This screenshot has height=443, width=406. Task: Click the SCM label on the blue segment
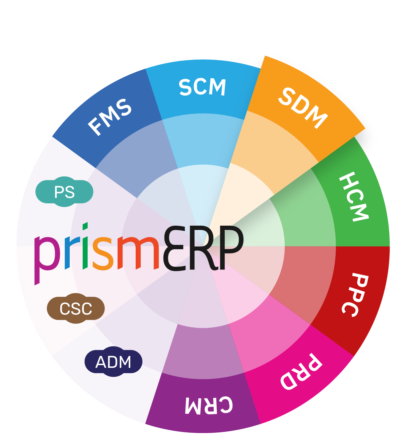coord(202,87)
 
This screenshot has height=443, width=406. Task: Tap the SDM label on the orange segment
coord(303,108)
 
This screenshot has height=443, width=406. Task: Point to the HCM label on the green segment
coord(354,197)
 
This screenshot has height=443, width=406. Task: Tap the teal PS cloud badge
coord(64,192)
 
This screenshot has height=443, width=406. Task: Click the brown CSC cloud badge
coord(76,309)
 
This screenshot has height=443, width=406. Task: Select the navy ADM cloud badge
coord(113,362)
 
